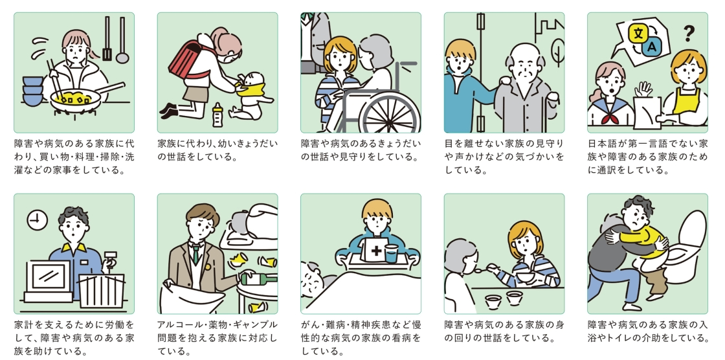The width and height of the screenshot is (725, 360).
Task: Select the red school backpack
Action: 192,56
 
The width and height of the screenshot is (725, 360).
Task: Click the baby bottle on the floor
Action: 217,115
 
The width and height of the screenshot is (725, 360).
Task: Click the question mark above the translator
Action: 689,32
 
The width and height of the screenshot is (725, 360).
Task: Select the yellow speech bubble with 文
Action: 638,32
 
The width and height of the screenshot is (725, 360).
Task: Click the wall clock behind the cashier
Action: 37,221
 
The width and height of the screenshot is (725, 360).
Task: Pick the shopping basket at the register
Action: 102,291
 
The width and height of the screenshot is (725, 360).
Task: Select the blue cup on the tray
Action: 391,253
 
